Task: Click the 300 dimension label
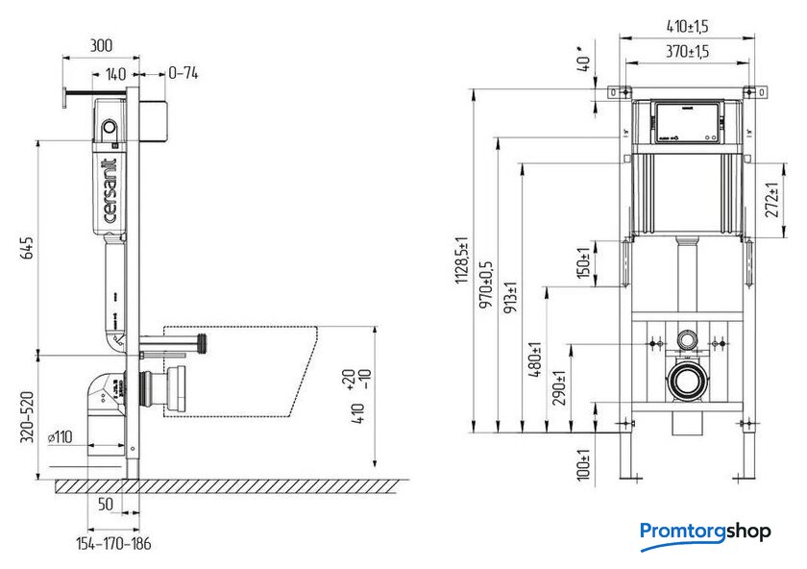pos(102,45)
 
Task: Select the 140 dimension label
pos(115,72)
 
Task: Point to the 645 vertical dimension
pos(28,247)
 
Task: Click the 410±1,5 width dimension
pos(689,27)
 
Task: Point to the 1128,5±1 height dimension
pos(464,260)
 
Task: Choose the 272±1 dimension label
pos(770,201)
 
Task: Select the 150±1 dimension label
pos(581,261)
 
